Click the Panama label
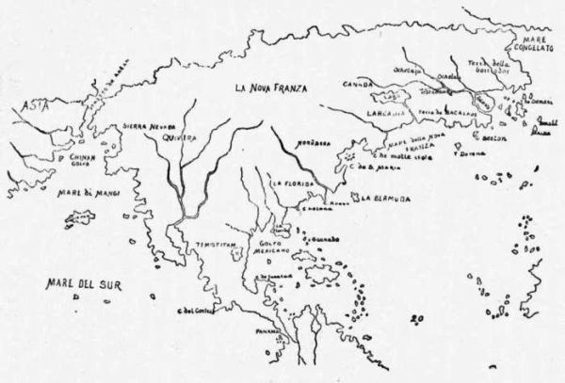257,333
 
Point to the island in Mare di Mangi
79,220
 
